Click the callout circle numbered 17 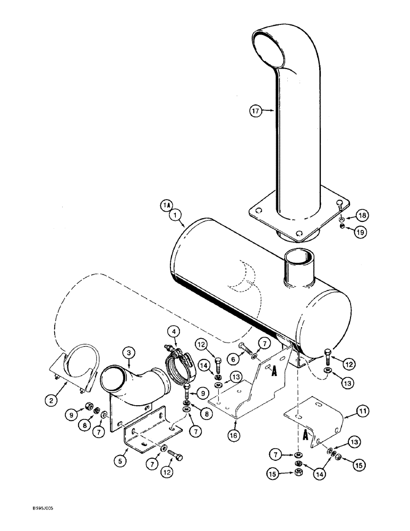257,111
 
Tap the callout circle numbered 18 362,215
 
